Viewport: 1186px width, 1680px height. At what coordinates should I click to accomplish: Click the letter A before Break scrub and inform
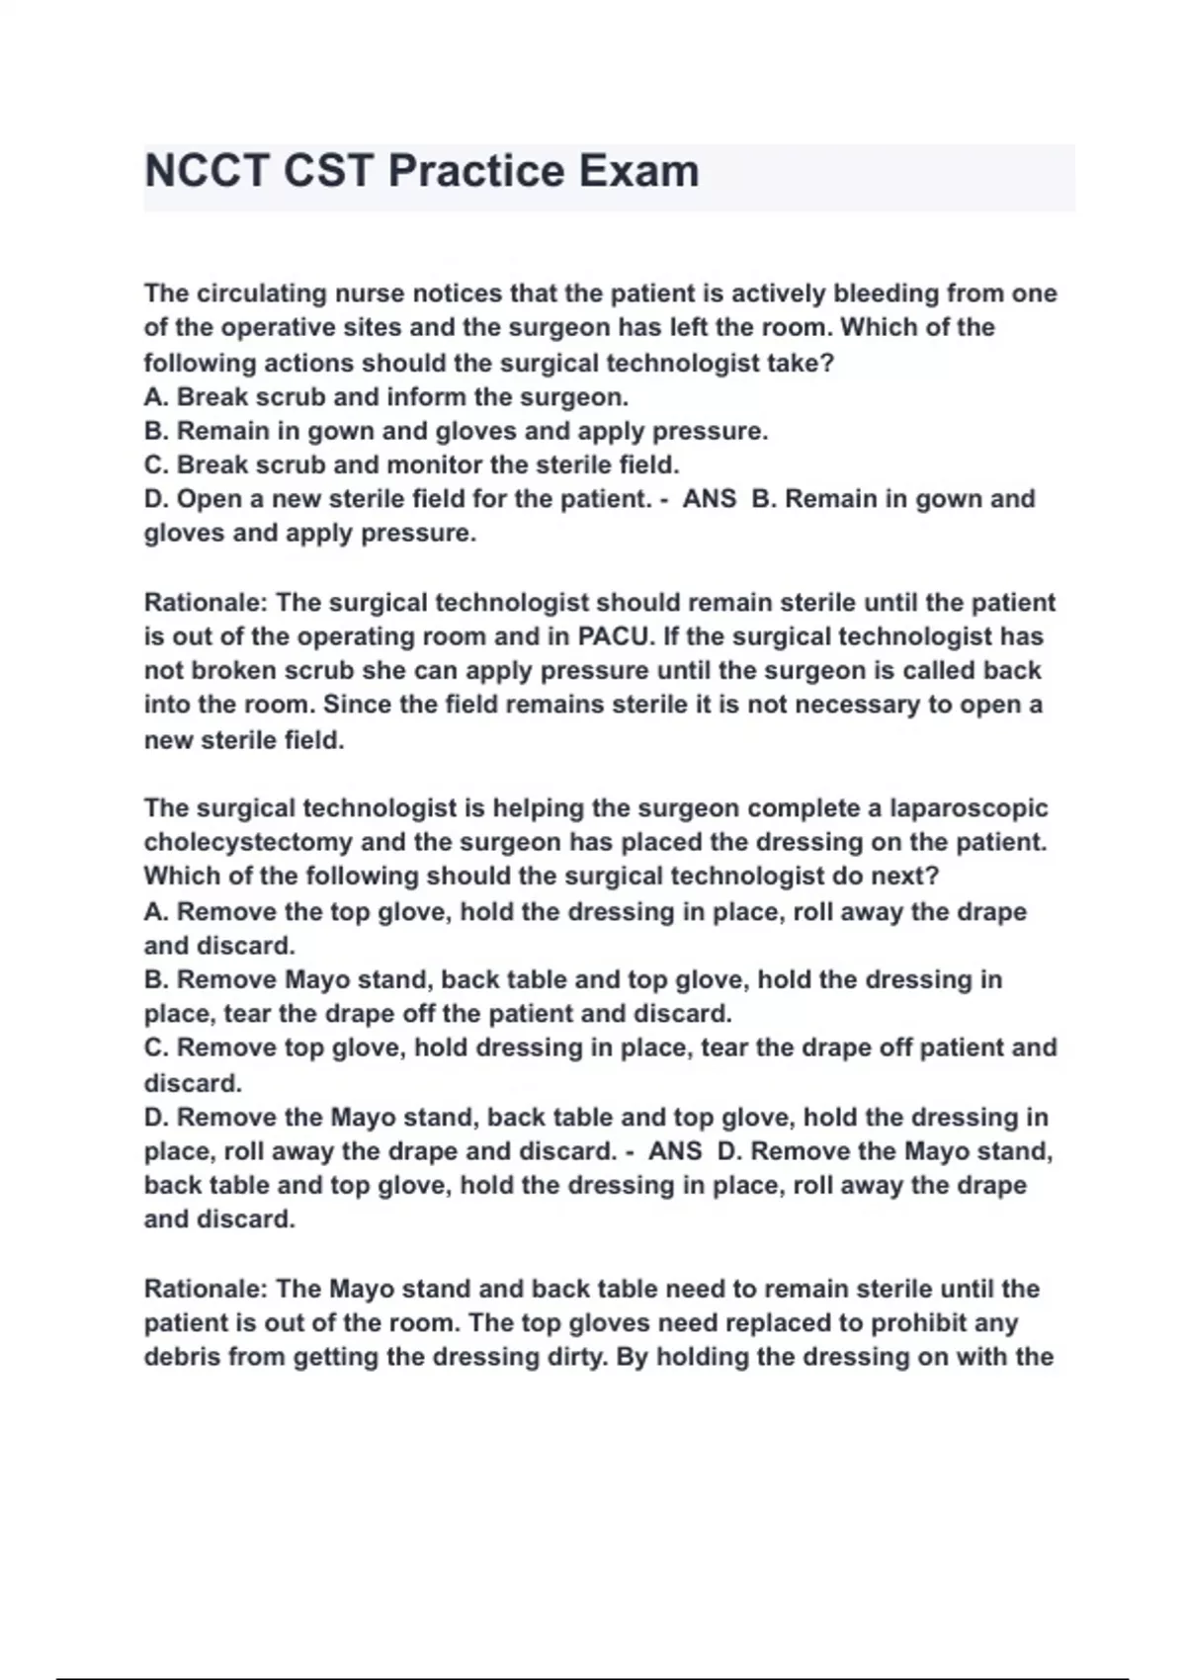pos(154,397)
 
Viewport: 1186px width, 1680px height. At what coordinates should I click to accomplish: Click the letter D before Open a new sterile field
pos(155,499)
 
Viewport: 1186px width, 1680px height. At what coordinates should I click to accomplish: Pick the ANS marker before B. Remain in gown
pos(710,499)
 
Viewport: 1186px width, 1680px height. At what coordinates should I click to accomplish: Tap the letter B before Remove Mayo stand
pos(154,980)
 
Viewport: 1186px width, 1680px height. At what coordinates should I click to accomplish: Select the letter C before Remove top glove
pos(155,1048)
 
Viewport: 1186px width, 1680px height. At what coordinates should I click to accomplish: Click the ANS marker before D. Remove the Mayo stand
pos(675,1151)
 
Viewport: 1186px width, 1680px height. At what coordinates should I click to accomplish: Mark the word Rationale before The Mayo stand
pos(205,1290)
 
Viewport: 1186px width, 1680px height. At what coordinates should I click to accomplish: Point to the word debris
pos(182,1358)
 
